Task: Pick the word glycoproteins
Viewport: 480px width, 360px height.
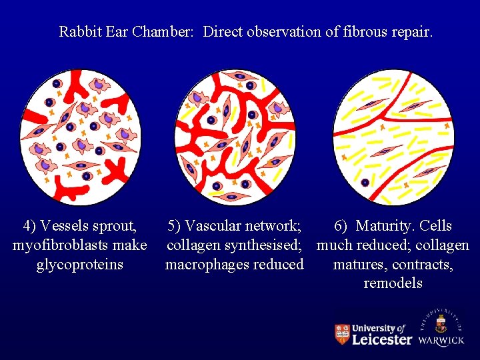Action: point(79,264)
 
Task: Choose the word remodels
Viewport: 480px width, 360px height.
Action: point(393,283)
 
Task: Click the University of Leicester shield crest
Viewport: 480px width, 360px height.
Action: point(342,334)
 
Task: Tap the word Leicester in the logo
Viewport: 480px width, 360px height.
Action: point(381,339)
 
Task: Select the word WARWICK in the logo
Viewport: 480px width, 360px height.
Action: point(441,341)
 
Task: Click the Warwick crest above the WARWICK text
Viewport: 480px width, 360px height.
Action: point(441,325)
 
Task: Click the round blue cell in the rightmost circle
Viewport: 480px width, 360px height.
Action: point(365,182)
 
